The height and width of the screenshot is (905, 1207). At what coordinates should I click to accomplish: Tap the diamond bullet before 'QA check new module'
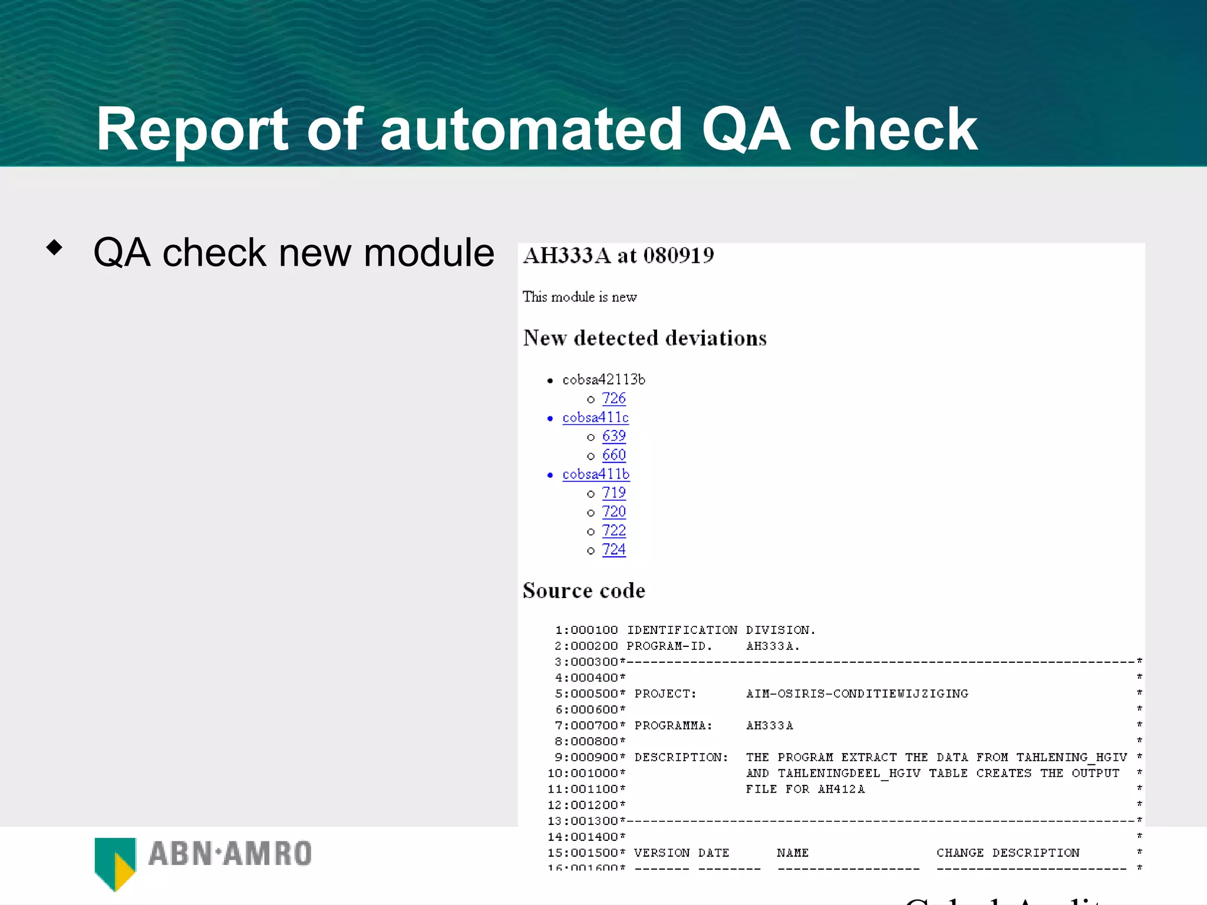54,247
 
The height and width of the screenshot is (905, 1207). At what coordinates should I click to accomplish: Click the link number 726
614,399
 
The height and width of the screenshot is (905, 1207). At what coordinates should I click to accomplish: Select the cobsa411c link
595,418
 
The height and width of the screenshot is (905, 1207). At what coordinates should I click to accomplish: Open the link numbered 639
614,436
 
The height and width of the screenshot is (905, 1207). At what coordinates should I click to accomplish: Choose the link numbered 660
614,455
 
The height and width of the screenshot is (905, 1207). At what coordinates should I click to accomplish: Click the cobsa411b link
596,474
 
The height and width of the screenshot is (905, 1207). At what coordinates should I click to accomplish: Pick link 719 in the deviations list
614,493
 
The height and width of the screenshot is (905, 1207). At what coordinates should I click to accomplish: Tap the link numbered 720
614,512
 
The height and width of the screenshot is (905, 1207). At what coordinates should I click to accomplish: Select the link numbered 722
614,531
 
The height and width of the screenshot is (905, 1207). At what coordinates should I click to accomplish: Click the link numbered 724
614,550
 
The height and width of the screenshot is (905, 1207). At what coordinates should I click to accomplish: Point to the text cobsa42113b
603,380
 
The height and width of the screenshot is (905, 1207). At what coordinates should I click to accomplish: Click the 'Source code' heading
583,590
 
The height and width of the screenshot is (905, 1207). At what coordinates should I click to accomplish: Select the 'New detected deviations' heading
645,338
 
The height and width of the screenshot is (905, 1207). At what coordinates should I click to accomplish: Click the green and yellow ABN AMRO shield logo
116,863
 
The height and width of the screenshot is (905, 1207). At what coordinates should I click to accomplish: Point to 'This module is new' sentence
579,297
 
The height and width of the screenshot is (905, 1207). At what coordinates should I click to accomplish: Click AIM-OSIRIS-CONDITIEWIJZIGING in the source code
857,694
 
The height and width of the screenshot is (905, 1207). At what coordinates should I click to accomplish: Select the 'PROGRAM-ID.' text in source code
669,646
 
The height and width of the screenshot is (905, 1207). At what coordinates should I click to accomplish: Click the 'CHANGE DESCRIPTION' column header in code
1008,853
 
